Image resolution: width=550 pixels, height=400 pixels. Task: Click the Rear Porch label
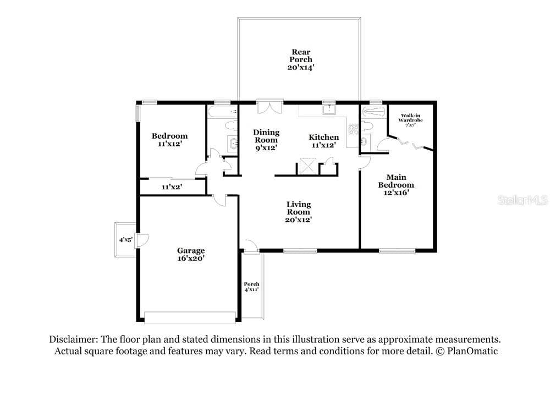click(x=301, y=59)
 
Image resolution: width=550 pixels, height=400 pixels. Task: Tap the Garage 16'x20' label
click(x=191, y=254)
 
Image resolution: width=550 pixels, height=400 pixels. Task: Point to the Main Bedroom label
click(x=396, y=184)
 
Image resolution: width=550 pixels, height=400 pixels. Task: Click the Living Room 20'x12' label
click(x=299, y=212)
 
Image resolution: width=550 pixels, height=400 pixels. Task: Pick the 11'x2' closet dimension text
click(x=172, y=187)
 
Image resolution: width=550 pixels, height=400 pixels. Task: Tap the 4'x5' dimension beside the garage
click(x=125, y=240)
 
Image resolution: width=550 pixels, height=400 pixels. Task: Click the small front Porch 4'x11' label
click(x=251, y=287)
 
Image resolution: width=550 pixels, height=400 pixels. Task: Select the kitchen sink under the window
click(x=329, y=109)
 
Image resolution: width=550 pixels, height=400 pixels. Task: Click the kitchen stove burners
click(x=353, y=130)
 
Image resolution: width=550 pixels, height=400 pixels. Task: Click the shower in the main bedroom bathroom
click(x=374, y=112)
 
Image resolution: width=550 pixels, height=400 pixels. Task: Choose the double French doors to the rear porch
click(x=269, y=107)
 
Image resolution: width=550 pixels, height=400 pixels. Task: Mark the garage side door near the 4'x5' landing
click(x=142, y=240)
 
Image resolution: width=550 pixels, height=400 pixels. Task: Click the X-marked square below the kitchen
click(x=308, y=166)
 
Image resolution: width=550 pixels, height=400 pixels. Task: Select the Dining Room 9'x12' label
click(x=266, y=140)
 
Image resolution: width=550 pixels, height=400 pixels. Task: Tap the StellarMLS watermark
click(x=523, y=200)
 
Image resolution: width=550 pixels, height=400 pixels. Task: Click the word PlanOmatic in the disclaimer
click(x=472, y=351)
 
